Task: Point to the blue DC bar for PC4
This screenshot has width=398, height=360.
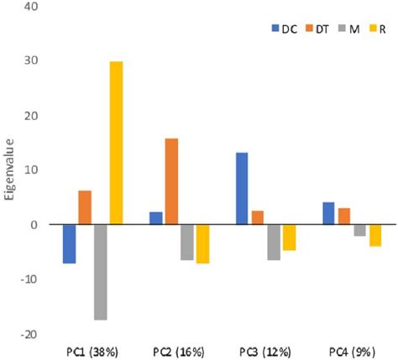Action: coord(328,213)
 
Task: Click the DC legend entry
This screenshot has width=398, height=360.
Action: coord(283,29)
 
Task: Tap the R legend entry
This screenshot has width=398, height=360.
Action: coord(377,29)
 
